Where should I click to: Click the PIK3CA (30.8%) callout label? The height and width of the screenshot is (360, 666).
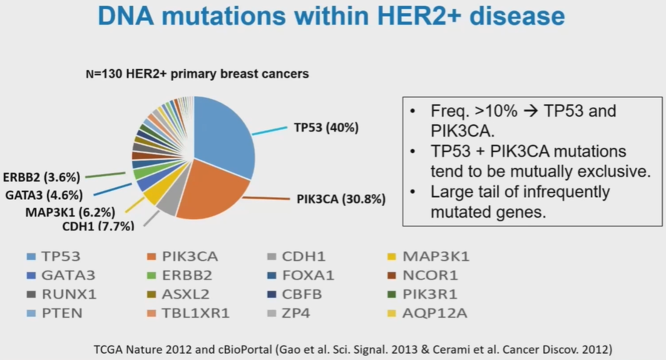(341, 200)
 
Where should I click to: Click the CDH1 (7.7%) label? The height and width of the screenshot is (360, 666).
(98, 226)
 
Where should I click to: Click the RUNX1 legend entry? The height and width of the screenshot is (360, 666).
(69, 294)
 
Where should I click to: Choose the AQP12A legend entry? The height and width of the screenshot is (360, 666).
(435, 312)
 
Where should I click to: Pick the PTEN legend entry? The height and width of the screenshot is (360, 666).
(62, 312)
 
